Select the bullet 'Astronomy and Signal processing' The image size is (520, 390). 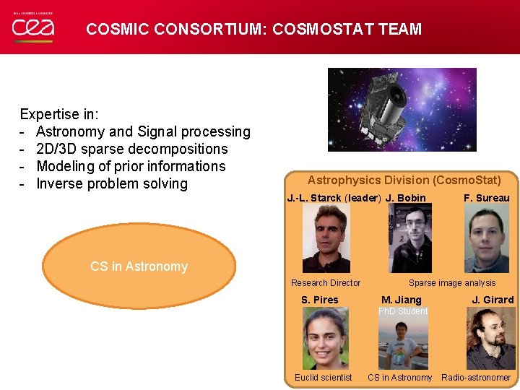pyautogui.click(x=143, y=131)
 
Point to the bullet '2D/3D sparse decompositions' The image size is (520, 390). pyautogui.click(x=131, y=149)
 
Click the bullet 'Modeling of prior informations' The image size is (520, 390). pyautogui.click(x=131, y=166)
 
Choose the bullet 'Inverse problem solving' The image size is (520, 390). pyautogui.click(x=112, y=183)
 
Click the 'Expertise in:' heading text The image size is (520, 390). pyautogui.click(x=59, y=114)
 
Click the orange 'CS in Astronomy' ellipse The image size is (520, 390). pyautogui.click(x=139, y=266)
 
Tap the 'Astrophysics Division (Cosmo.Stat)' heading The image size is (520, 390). pyautogui.click(x=404, y=180)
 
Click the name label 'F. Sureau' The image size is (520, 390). pyautogui.click(x=486, y=198)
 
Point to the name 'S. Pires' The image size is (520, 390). pyautogui.click(x=319, y=300)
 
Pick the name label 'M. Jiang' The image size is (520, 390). pyautogui.click(x=401, y=300)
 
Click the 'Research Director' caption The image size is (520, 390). pyautogui.click(x=325, y=283)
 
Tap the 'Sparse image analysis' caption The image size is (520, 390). pyautogui.click(x=452, y=283)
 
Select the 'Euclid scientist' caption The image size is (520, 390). pyautogui.click(x=323, y=378)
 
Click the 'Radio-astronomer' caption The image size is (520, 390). pyautogui.click(x=476, y=378)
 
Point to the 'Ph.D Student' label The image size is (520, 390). pyautogui.click(x=403, y=311)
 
